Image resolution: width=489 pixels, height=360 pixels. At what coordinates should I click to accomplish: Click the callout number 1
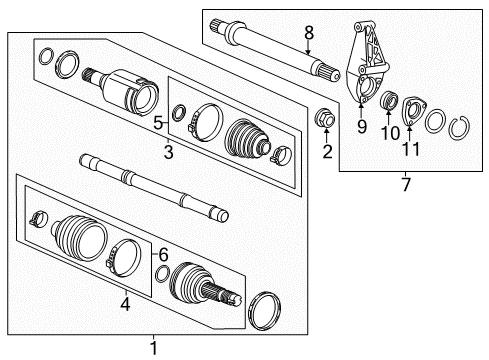tap(154, 347)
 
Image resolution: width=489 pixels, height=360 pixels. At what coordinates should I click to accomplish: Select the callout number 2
tap(326, 152)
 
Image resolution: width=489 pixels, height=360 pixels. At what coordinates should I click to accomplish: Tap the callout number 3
tap(168, 152)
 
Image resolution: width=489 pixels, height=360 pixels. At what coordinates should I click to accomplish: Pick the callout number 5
tap(158, 123)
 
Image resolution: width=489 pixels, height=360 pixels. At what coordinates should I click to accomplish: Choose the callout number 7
tap(406, 184)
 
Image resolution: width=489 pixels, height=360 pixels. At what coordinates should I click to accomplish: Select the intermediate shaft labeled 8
tap(280, 49)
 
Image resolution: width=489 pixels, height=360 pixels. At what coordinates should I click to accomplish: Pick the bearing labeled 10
tap(388, 103)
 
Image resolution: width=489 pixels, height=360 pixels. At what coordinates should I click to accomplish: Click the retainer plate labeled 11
tap(412, 112)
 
